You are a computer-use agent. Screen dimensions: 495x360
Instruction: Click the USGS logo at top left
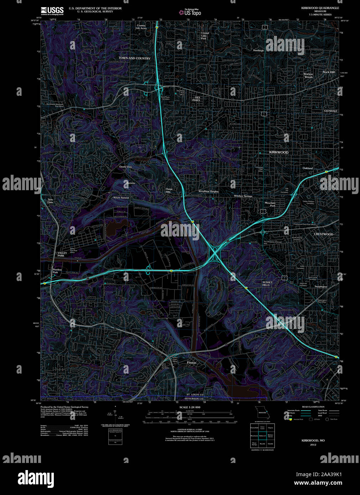52,10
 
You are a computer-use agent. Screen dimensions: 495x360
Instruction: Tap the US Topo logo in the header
190,12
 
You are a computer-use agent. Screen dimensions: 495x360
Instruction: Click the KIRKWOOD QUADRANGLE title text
320,8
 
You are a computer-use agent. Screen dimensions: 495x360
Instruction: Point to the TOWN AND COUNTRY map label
134,58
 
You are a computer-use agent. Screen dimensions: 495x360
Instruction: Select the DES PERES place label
197,99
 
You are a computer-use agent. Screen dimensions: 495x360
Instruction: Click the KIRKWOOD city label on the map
279,152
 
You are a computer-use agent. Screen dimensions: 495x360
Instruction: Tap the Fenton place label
191,363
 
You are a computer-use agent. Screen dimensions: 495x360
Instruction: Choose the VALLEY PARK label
62,254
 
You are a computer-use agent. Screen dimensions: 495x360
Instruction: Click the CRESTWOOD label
323,234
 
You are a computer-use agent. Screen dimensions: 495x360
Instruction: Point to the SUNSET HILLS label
267,284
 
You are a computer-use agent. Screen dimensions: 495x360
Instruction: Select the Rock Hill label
329,72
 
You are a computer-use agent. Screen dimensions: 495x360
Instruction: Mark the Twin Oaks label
50,201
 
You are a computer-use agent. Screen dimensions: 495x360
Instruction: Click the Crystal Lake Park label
205,36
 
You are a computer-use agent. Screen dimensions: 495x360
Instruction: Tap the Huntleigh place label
258,51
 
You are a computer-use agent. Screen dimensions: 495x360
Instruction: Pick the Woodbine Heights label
208,192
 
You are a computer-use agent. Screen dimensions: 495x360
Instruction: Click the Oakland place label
308,168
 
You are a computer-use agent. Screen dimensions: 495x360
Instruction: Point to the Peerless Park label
57,271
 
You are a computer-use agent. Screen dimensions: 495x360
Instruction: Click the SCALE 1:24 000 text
190,407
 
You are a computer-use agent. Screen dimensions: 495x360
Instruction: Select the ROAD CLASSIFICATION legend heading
313,407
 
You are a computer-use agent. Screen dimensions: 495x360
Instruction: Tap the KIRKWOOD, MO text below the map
313,441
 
